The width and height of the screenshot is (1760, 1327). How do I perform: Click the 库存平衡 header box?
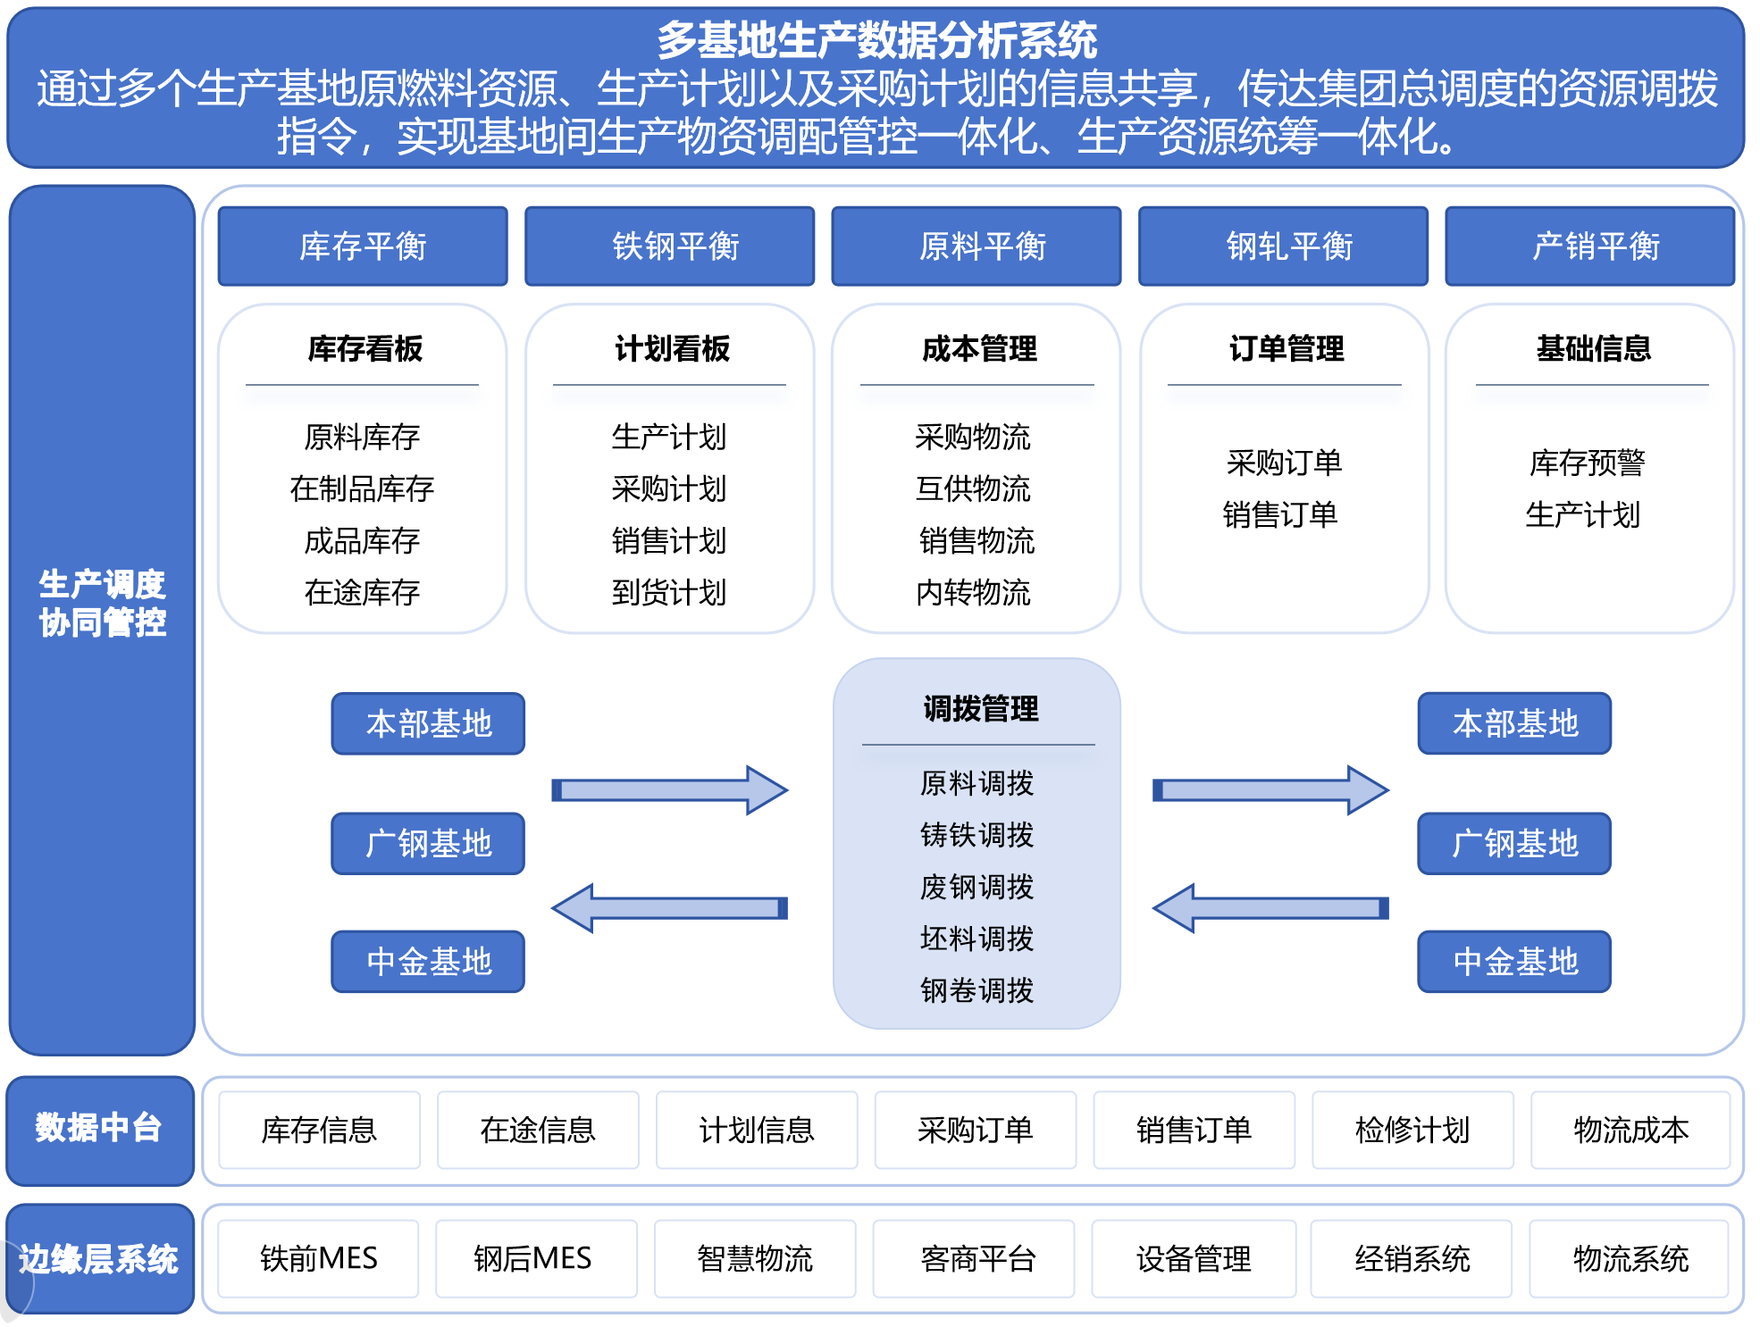click(x=363, y=246)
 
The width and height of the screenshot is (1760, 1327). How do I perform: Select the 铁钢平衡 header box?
click(x=670, y=246)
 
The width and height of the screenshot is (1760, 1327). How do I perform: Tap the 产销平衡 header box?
click(x=1590, y=246)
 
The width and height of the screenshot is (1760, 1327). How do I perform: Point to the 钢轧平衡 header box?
click(x=1283, y=246)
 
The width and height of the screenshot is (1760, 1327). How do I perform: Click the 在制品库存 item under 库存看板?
click(x=362, y=489)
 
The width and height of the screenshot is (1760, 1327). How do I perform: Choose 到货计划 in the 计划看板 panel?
click(x=669, y=593)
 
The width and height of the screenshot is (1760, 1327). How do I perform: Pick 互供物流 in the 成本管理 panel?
click(x=973, y=489)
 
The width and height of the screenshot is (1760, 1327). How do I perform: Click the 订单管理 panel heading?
click(x=1286, y=348)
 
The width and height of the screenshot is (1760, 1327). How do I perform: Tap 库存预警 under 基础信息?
click(x=1588, y=463)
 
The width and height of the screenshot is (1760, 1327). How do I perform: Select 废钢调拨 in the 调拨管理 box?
click(x=976, y=887)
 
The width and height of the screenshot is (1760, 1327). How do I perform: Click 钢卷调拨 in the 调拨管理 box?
click(x=976, y=990)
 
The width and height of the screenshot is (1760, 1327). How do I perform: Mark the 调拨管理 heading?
click(x=980, y=709)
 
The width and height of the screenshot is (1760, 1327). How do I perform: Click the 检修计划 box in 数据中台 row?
click(x=1412, y=1131)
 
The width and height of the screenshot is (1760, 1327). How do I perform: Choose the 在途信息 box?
click(x=538, y=1131)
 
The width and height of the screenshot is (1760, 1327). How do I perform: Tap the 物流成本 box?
click(x=1630, y=1131)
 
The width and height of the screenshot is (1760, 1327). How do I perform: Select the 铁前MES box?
click(x=318, y=1259)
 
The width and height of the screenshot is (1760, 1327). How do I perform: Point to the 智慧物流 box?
click(x=755, y=1259)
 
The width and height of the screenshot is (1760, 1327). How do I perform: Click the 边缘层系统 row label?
click(x=99, y=1259)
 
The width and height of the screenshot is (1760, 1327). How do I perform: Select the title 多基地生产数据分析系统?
click(x=876, y=40)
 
